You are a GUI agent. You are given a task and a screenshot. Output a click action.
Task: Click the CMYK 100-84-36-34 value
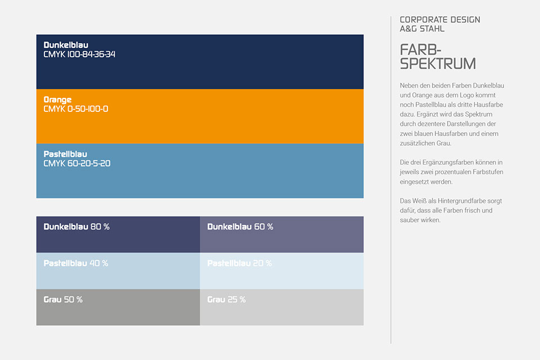click(79, 55)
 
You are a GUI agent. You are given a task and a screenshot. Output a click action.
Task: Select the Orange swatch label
click(57, 100)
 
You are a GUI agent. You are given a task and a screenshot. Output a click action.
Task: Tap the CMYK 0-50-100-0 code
click(76, 109)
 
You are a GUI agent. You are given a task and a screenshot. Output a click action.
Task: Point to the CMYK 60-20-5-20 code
click(77, 163)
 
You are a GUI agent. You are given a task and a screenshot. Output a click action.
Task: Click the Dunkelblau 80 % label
click(76, 227)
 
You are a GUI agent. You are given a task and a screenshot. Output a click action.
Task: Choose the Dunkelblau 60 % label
click(240, 227)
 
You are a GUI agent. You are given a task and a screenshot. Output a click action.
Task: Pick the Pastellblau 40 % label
click(76, 263)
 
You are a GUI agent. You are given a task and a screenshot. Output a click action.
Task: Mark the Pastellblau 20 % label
click(240, 263)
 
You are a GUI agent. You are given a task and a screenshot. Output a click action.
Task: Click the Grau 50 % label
click(63, 300)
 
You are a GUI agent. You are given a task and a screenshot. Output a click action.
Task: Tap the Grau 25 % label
click(226, 300)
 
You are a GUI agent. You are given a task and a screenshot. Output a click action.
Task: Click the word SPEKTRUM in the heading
click(438, 64)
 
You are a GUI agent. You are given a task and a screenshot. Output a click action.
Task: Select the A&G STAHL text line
click(422, 29)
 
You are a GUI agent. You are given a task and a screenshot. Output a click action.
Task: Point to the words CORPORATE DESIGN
click(440, 20)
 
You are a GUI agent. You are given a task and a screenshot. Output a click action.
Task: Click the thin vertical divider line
click(391, 179)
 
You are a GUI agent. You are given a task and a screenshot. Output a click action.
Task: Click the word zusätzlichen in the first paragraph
click(417, 143)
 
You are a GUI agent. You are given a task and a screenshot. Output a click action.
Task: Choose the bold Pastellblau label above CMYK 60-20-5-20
click(65, 154)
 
